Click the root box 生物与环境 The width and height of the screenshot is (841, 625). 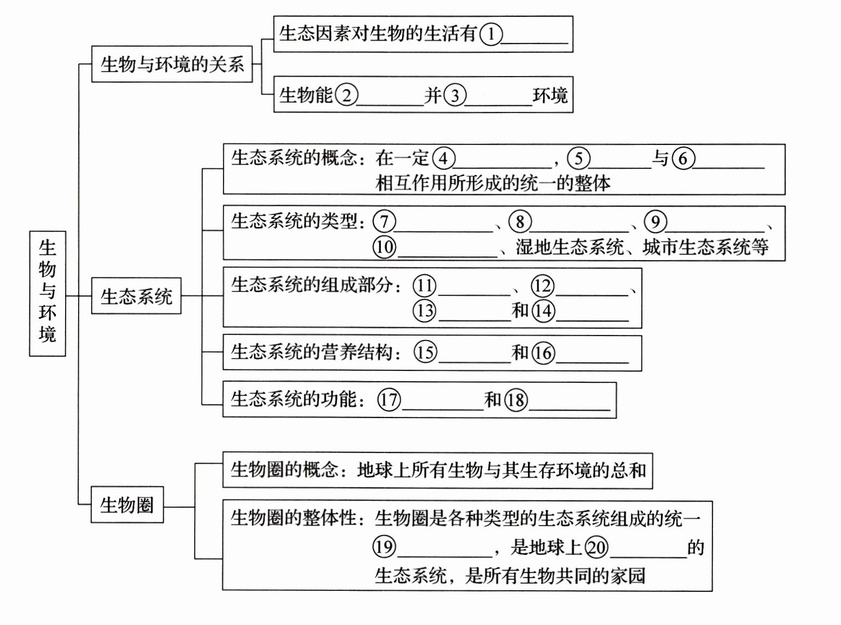(x=47, y=293)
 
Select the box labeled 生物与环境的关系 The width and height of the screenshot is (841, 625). (x=171, y=64)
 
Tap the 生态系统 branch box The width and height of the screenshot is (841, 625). (x=136, y=296)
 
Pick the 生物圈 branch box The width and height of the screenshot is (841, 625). (x=127, y=504)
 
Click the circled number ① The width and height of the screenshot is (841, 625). (x=491, y=34)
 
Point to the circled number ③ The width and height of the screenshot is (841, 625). (x=455, y=96)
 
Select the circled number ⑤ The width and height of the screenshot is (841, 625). (x=578, y=158)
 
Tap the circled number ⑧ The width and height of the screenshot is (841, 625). (x=520, y=222)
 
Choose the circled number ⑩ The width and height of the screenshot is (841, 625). (x=384, y=247)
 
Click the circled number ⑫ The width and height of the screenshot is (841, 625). (x=542, y=286)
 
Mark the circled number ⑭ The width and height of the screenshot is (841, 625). (x=543, y=311)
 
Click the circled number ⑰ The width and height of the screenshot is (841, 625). (x=388, y=400)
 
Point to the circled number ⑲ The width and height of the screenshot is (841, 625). (x=384, y=546)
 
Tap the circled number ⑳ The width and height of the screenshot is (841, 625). (x=596, y=547)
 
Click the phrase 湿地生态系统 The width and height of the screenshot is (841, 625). (x=570, y=248)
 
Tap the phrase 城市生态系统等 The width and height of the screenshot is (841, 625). (x=705, y=248)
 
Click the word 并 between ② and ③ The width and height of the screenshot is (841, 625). (x=433, y=96)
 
